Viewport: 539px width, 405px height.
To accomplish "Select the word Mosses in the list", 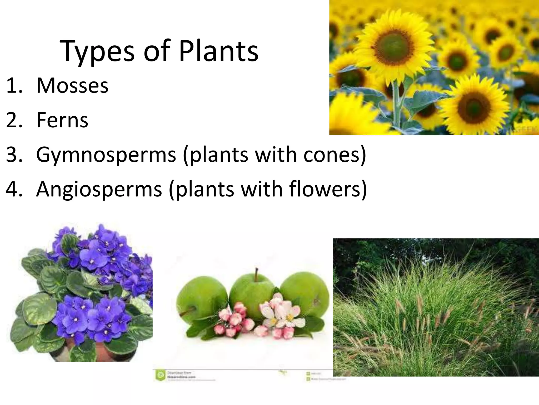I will click(x=72, y=86).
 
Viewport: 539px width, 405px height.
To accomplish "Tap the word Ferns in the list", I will click(x=62, y=120).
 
